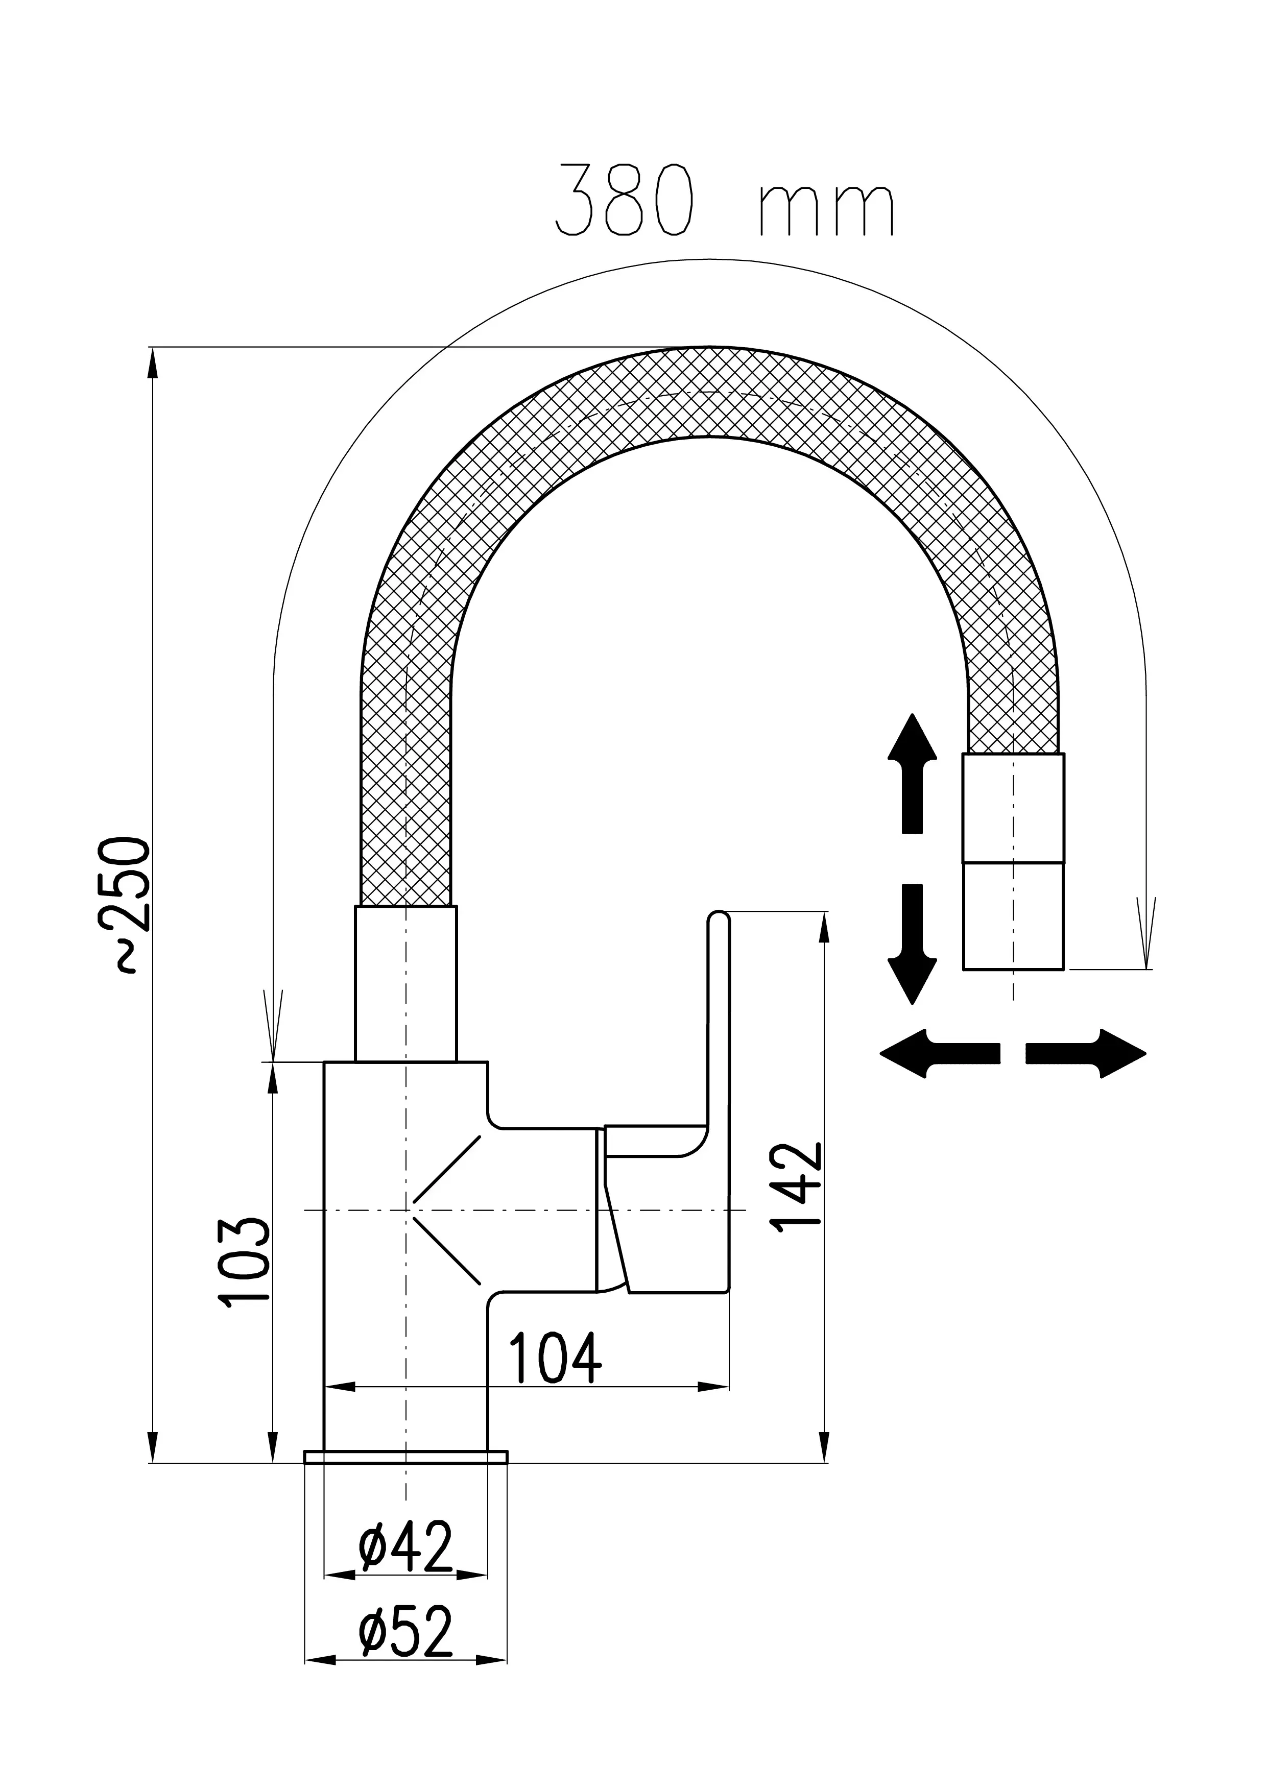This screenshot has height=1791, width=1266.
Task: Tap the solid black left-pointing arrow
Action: tap(939, 1053)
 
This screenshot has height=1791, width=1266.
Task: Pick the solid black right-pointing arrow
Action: tap(1086, 1053)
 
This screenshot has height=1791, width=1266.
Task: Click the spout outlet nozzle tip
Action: tap(1013, 916)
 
